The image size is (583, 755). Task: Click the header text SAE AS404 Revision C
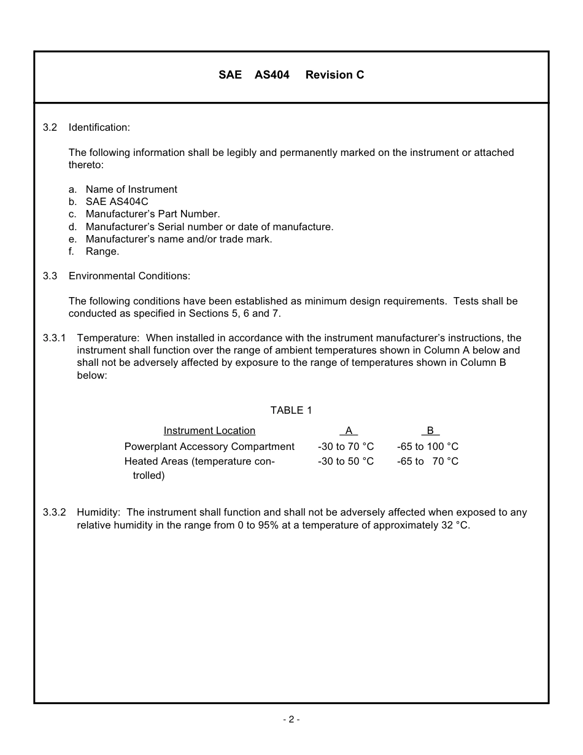coord(291,75)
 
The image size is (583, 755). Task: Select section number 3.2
coord(50,128)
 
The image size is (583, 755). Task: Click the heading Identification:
coord(99,128)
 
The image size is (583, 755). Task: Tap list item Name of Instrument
coord(131,190)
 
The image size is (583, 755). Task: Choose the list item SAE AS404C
coord(117,202)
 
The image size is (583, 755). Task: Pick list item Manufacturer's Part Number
coord(152,214)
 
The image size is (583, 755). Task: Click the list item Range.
coord(102,252)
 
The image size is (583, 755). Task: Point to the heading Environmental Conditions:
coord(129,276)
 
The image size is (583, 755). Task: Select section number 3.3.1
coord(54,338)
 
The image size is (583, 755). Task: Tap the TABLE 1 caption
coord(291,411)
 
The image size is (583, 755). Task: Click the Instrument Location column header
coord(209,431)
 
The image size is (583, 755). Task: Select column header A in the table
coord(348,431)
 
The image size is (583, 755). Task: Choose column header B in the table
coord(430,431)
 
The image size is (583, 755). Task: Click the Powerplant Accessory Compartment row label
coord(209,447)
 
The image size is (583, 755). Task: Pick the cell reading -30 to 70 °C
coord(346,447)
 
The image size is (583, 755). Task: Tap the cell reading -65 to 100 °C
coord(428,447)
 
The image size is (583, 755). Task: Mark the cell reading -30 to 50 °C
coord(346,462)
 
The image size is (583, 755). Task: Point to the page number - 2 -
coord(291,719)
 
